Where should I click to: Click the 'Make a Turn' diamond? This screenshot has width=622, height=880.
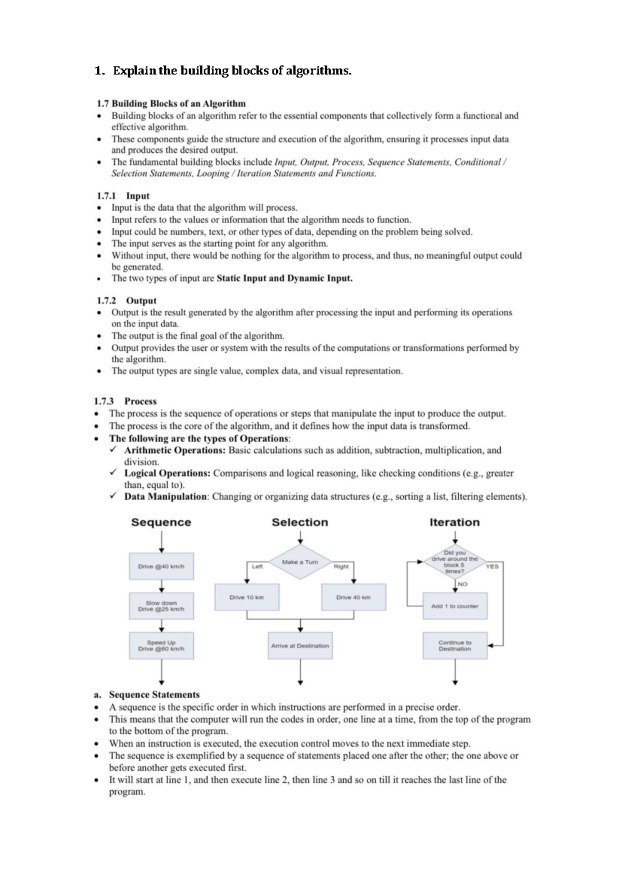300,562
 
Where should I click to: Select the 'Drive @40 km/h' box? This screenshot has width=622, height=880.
161,566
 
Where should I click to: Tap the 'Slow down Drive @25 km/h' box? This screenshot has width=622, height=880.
161,606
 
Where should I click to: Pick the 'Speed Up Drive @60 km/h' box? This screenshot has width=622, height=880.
161,645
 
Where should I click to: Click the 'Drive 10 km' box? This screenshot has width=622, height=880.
247,597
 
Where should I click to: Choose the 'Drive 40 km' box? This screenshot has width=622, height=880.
354,597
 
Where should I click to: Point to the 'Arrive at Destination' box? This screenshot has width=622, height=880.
300,645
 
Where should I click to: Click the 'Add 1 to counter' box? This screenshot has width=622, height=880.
455,606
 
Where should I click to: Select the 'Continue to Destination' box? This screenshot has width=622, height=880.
455,645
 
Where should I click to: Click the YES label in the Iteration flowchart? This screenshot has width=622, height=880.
492,566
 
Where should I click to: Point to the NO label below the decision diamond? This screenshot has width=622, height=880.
462,584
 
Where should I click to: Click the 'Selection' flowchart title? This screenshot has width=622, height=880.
300,522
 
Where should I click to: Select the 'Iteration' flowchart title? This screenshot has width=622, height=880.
455,522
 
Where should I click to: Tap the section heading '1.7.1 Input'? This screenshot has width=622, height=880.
123,196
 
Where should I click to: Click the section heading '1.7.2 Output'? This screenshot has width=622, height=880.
126,300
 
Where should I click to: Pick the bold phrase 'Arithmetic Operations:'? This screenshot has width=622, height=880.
175,450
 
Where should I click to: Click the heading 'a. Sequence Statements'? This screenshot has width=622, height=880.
147,695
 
